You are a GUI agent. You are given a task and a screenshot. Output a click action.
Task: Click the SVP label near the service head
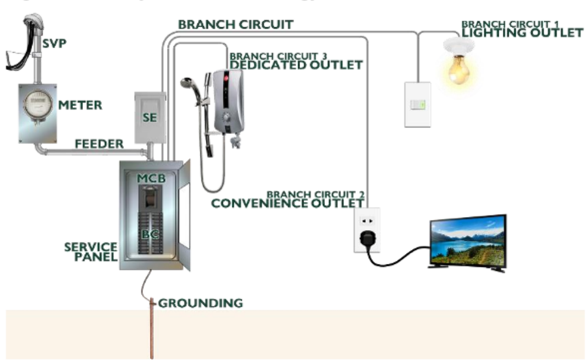coord(54,43)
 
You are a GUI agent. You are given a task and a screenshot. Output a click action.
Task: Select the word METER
coord(80,106)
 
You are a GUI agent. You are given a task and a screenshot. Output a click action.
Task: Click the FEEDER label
coord(99,144)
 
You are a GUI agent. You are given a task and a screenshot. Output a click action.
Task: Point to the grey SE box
coord(149,117)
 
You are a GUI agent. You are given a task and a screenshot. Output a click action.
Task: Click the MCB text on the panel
coord(151,178)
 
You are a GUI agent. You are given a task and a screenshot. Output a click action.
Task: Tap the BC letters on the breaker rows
coord(149,234)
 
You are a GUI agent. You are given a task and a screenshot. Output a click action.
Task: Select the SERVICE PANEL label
coord(91,251)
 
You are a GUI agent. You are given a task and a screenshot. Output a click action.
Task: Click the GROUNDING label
coord(200,303)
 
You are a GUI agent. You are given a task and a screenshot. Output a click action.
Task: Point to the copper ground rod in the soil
coord(152,332)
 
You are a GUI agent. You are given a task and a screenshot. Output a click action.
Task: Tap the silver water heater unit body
coord(229,101)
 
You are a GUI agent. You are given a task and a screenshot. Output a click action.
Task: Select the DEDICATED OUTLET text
coord(295,65)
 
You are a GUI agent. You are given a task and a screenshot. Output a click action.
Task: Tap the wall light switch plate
coord(417,104)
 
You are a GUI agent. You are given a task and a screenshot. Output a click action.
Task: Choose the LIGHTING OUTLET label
coord(522,33)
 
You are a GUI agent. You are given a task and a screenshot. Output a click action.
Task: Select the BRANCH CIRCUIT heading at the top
coord(235,24)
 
